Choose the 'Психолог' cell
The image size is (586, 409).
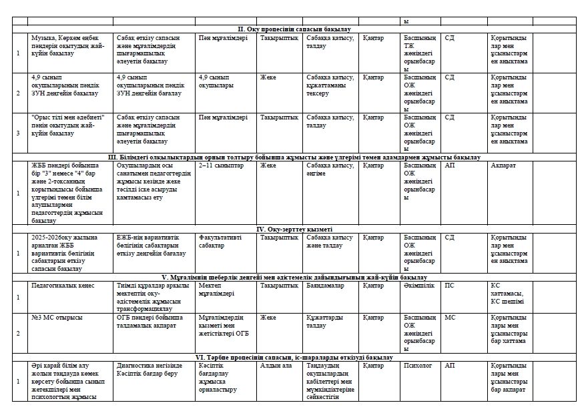[418, 366]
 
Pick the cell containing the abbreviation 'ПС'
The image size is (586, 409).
[451, 284]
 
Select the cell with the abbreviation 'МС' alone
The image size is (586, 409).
[451, 318]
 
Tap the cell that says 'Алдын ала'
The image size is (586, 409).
[276, 366]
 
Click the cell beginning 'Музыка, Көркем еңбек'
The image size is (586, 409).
[67, 46]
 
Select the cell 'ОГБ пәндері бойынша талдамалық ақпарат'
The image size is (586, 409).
[154, 322]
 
